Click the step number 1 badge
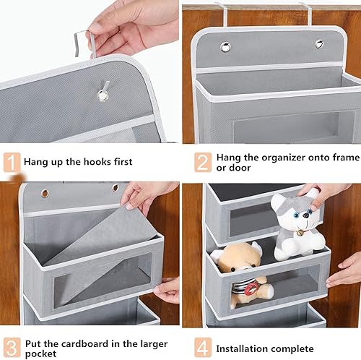coord(12,162)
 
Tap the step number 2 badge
coord(203,162)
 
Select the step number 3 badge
coord(12,348)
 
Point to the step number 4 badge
coord(203,348)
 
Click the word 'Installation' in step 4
coord(240,348)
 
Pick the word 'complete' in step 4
coord(291,349)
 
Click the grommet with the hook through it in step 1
coord(103,95)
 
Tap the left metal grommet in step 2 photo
coord(225,47)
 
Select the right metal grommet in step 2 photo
coord(319,44)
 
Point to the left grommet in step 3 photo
coord(45,193)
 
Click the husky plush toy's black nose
coord(306,215)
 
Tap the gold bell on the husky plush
coord(300,233)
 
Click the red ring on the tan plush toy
coord(251,288)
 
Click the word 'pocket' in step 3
coord(41,353)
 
